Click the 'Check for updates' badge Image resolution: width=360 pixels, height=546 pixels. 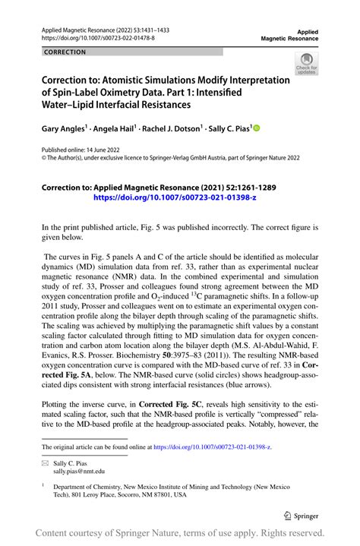[x=307, y=64]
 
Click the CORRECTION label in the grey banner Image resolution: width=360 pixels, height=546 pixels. [x=65, y=52]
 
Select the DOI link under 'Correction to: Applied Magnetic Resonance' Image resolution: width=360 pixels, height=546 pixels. [x=175, y=196]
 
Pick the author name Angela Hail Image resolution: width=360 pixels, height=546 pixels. [x=113, y=130]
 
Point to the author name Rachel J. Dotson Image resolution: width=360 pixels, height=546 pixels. [x=172, y=130]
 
